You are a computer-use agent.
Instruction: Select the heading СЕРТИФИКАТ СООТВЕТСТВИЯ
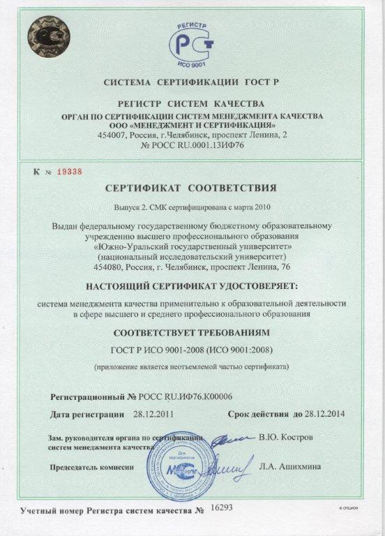point(192,188)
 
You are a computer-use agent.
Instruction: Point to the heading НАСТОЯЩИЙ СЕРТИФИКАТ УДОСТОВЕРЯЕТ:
point(192,287)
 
